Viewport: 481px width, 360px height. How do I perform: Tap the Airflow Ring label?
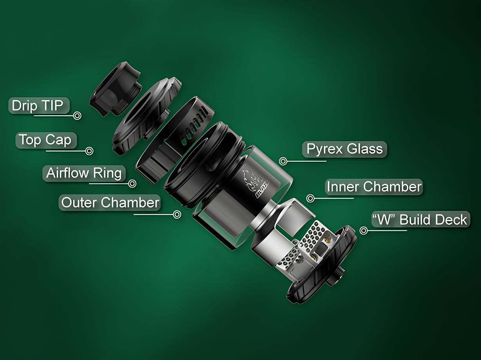coord(84,173)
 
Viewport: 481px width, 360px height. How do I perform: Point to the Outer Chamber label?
coord(110,202)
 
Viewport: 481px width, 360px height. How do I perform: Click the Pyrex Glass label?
coord(344,149)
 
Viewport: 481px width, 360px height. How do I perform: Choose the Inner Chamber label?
coord(374,187)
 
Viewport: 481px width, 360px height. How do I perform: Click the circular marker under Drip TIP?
coord(77,115)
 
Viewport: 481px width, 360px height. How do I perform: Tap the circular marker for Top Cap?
coord(89,151)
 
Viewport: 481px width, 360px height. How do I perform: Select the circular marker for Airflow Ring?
coord(132,184)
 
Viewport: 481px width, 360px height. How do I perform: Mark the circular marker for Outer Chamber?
coord(177,214)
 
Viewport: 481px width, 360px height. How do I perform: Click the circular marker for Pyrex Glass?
coord(283,161)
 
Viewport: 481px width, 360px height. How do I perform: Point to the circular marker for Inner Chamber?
coord(310,198)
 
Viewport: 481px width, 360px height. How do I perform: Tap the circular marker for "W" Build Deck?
coord(364,230)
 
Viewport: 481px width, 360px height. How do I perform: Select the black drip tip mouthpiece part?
coord(115,89)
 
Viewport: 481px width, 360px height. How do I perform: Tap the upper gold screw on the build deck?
coord(327,241)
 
